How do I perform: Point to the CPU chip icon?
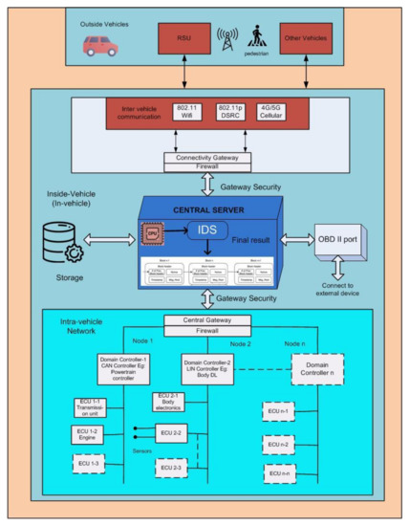point(153,233)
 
